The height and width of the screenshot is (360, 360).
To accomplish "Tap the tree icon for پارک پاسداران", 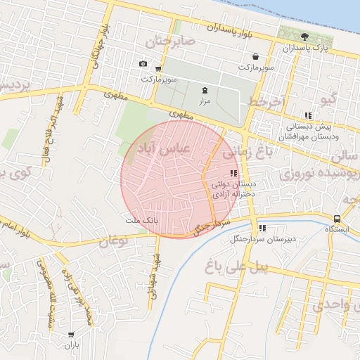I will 304,37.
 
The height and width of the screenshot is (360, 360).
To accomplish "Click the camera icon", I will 143,64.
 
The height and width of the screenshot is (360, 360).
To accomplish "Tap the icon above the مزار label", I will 205,90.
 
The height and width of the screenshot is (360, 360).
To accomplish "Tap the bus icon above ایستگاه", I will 338,219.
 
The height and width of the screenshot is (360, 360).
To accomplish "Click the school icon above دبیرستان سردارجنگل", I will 262,228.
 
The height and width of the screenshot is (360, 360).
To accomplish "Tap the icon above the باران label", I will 72,335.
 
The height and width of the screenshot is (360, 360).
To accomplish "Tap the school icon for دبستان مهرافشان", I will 308,115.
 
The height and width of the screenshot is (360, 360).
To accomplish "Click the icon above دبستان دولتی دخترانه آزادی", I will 233,173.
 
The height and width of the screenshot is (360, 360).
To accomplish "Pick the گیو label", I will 328,99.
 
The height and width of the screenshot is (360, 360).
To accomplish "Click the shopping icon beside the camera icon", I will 158,68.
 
